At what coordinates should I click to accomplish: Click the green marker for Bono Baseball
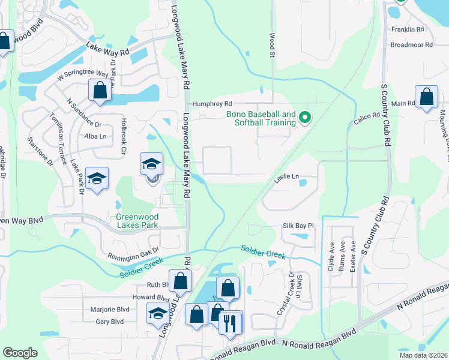tap(304, 117)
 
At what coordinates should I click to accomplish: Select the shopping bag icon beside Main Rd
tap(426, 97)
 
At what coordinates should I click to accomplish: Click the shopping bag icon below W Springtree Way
tap(100, 90)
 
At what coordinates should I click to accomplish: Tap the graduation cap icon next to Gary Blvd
tap(158, 313)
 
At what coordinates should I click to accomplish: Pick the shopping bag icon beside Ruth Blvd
tap(179, 280)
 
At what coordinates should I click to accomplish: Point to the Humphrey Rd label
tap(211, 103)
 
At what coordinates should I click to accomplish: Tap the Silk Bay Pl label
tap(298, 226)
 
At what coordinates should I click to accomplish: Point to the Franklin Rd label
tap(408, 29)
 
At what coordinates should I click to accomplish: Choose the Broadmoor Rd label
tap(411, 45)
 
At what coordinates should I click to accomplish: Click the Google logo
tap(20, 353)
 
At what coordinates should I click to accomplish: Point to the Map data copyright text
tap(423, 355)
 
